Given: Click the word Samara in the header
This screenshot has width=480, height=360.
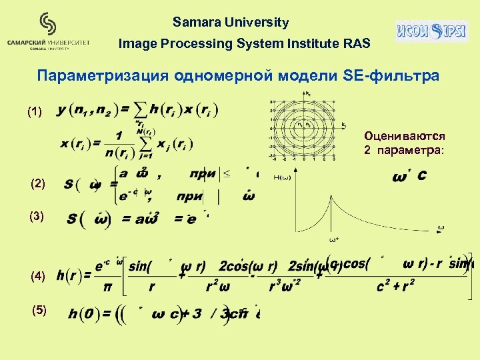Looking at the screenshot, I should (194, 23).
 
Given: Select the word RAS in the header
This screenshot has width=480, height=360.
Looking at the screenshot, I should (357, 45).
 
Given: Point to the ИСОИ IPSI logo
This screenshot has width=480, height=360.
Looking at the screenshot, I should (431, 31).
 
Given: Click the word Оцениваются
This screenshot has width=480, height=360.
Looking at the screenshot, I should (404, 136).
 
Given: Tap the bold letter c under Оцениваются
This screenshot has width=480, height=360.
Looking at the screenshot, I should (422, 177).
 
